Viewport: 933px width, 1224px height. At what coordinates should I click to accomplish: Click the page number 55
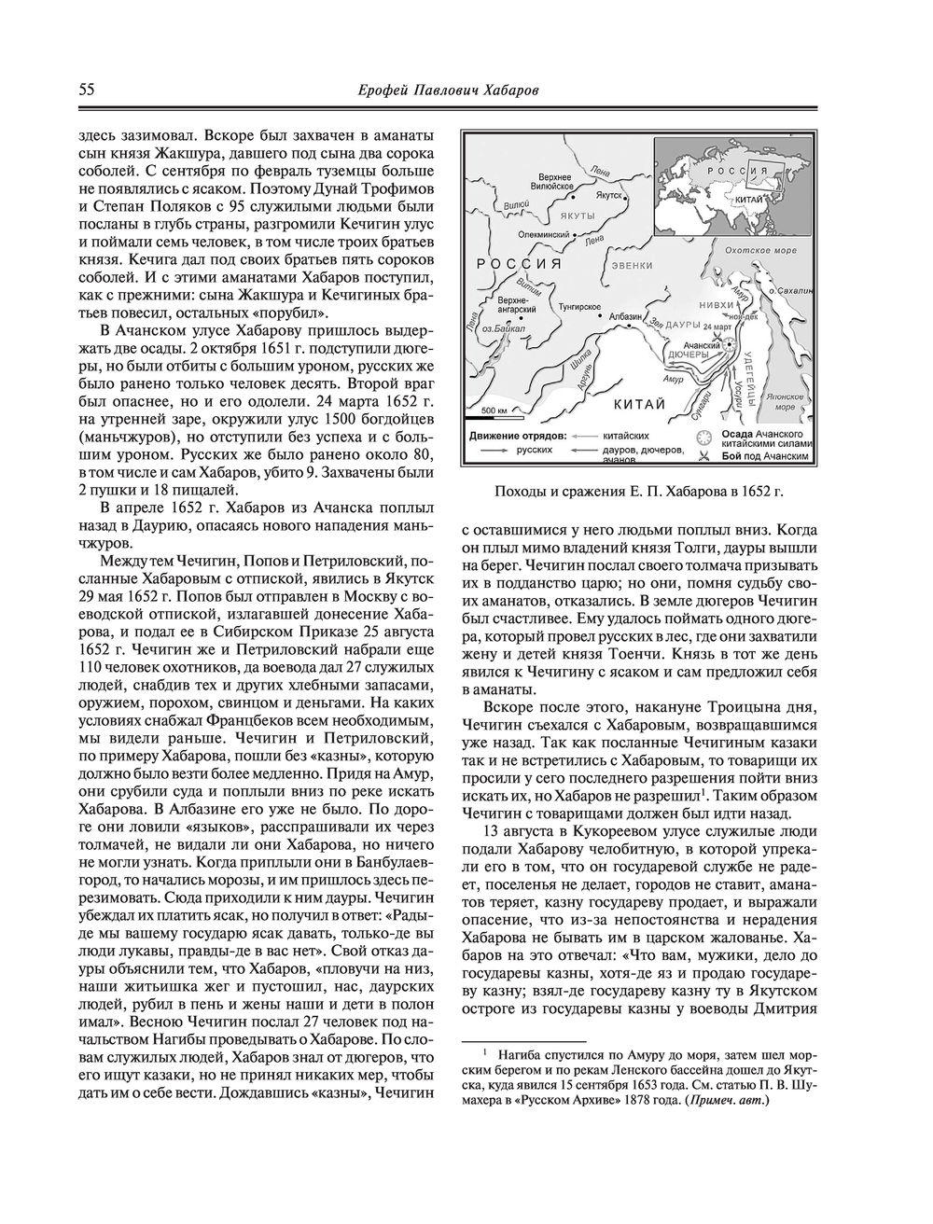click(x=85, y=90)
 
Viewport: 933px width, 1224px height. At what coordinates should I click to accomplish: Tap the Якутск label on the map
click(x=613, y=198)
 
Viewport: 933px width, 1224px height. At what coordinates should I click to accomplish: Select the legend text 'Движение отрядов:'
click(x=513, y=436)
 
